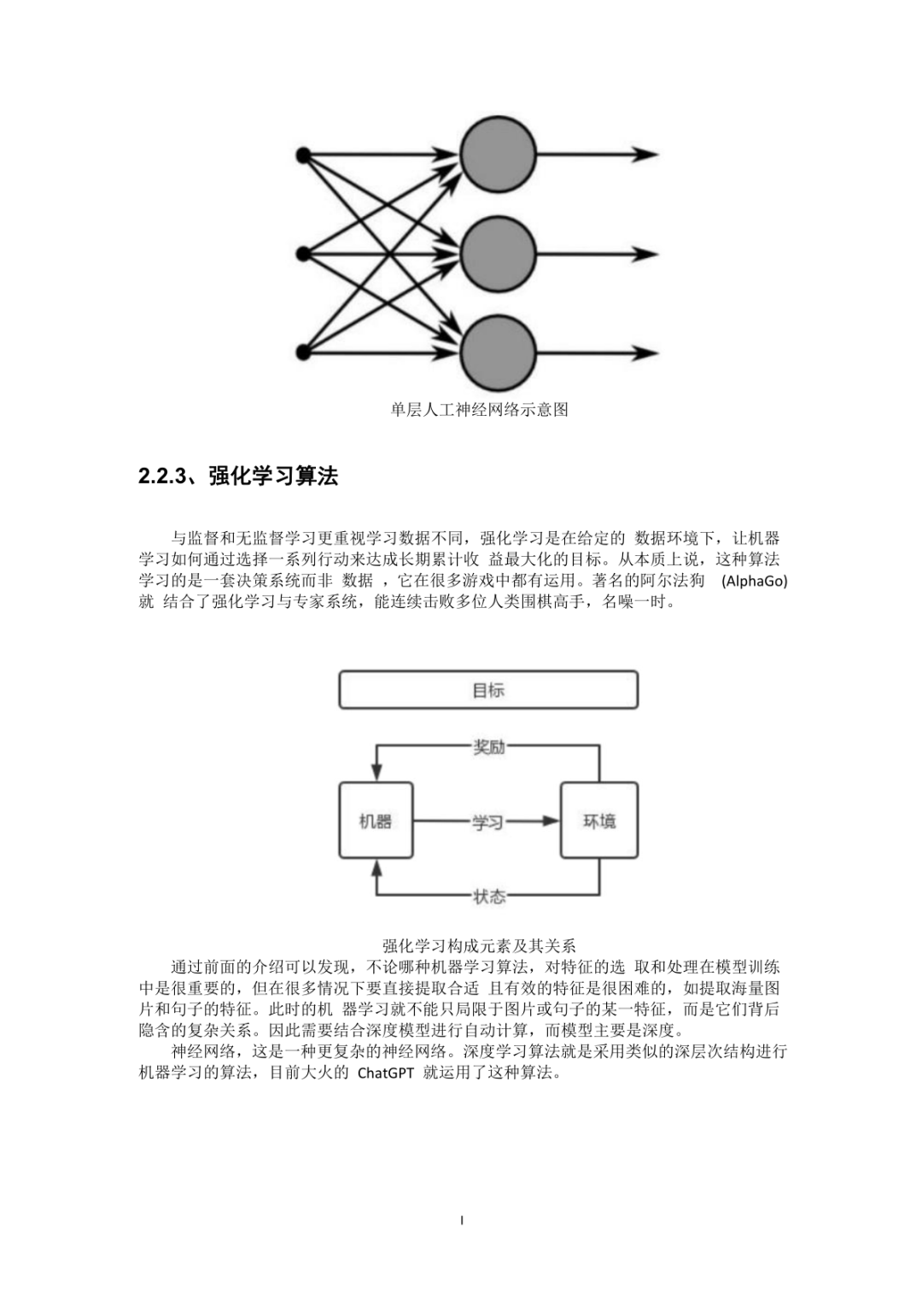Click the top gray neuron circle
point(498,155)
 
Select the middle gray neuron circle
point(498,254)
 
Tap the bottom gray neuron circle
point(498,353)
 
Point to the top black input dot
point(302,155)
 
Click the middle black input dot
point(302,254)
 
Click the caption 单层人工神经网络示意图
point(479,409)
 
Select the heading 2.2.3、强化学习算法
point(238,476)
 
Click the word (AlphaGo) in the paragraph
point(754,581)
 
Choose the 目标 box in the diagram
point(488,690)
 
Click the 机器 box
point(376,821)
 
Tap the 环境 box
point(598,821)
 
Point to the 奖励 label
point(489,747)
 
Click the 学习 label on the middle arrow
point(487,822)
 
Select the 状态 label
point(489,896)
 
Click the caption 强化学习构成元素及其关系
point(479,945)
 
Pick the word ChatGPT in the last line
point(385,1073)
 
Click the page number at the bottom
point(462,1220)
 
